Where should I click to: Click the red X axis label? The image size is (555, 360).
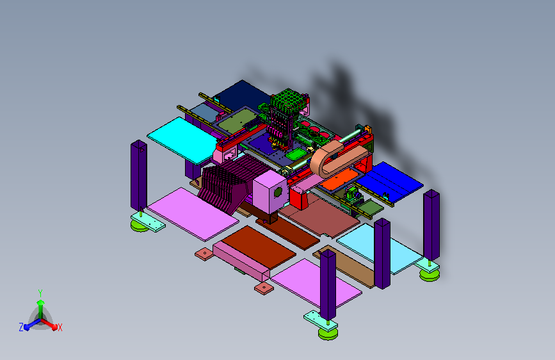60,327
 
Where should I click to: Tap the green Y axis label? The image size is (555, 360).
40,293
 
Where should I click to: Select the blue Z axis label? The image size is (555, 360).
21,327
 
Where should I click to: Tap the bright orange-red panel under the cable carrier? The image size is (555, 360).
342,179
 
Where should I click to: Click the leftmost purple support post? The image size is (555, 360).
139,176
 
